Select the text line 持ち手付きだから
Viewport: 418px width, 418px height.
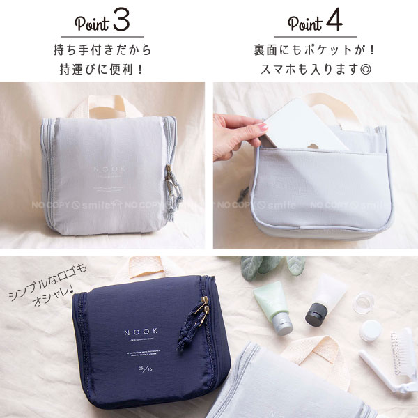tap(104, 51)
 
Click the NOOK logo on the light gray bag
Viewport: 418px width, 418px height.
tap(104, 169)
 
